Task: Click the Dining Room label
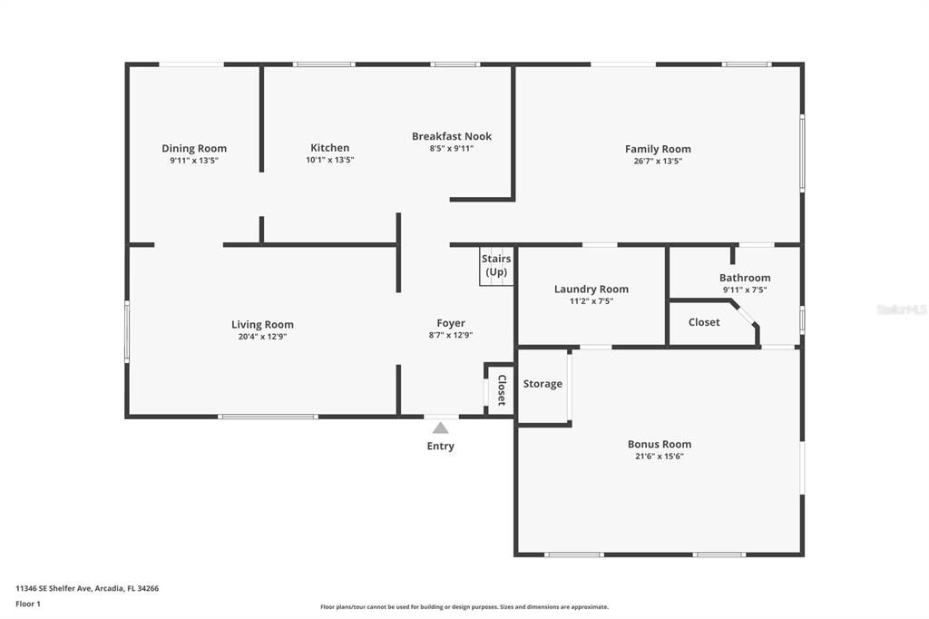tap(194, 148)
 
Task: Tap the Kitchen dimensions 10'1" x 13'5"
tap(329, 160)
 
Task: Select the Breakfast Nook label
tap(452, 136)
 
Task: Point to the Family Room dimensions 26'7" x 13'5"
tap(658, 161)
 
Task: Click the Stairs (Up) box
tap(496, 266)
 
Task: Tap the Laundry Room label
tap(591, 289)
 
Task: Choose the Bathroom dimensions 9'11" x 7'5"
tap(745, 290)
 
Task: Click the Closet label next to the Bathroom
tap(704, 322)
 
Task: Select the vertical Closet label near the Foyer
tap(501, 390)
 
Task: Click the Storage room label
tap(543, 384)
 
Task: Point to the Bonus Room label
tap(660, 444)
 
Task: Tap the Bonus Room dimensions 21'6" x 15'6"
tap(660, 457)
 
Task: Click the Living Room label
tap(262, 324)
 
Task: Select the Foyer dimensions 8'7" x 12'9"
tap(451, 335)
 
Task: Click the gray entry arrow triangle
tap(440, 427)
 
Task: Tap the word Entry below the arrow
tap(441, 446)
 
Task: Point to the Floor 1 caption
tap(28, 604)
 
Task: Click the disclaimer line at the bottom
tap(464, 607)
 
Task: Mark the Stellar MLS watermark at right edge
tap(902, 309)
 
